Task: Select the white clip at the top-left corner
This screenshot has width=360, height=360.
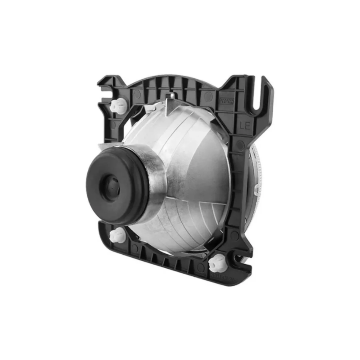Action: click(x=117, y=106)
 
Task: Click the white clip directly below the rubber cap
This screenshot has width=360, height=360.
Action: click(x=118, y=234)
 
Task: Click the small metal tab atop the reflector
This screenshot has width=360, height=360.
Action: click(x=170, y=96)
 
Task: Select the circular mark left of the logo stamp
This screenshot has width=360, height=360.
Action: click(x=208, y=96)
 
